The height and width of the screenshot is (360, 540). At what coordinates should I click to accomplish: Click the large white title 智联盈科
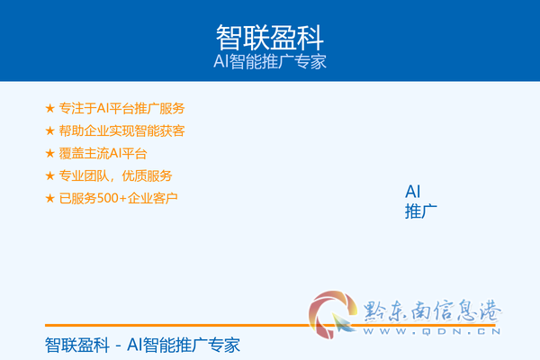pyautogui.click(x=270, y=38)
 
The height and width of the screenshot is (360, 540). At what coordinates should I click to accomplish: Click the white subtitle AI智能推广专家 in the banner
pyautogui.click(x=270, y=62)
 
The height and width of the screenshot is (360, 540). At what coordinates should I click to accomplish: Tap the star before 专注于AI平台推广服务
pyautogui.click(x=49, y=108)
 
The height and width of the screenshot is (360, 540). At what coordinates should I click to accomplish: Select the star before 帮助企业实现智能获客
pyautogui.click(x=49, y=130)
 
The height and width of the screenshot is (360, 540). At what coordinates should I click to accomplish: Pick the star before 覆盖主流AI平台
pyautogui.click(x=49, y=153)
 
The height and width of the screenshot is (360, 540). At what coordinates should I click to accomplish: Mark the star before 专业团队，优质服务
pyautogui.click(x=49, y=175)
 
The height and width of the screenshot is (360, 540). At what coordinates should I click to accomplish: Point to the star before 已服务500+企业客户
pyautogui.click(x=49, y=198)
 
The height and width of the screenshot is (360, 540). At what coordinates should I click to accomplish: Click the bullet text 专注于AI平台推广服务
pyautogui.click(x=121, y=109)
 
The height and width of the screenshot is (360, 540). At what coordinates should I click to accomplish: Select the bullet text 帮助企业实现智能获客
pyautogui.click(x=121, y=130)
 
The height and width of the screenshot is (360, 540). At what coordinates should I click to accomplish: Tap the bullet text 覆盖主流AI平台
pyautogui.click(x=103, y=153)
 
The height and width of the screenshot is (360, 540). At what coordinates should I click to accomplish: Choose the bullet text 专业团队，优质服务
pyautogui.click(x=115, y=175)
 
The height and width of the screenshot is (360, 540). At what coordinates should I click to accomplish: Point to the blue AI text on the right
pyautogui.click(x=412, y=192)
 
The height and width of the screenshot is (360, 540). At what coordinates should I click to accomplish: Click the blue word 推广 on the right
pyautogui.click(x=421, y=211)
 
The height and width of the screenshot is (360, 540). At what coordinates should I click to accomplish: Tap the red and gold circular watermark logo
pyautogui.click(x=332, y=314)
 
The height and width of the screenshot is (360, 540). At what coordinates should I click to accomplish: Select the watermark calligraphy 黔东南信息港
pyautogui.click(x=432, y=310)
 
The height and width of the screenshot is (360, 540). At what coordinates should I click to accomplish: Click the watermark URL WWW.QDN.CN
pyautogui.click(x=432, y=331)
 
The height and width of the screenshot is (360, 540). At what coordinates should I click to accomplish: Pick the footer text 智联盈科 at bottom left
pyautogui.click(x=77, y=346)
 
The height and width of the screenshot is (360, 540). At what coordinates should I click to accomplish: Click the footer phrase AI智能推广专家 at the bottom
pyautogui.click(x=184, y=346)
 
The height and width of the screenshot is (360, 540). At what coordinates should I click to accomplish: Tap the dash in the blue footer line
pyautogui.click(x=118, y=346)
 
